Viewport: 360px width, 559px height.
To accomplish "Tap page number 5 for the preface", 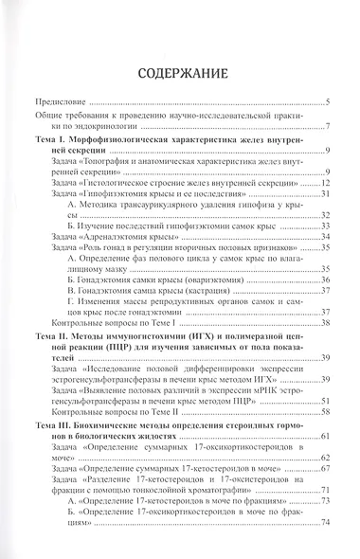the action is tap(325, 101).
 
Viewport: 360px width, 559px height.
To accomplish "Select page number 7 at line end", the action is tap(325, 127).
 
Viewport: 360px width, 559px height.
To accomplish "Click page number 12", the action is tap(323, 182).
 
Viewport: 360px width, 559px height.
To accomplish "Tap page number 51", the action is tap(323, 397).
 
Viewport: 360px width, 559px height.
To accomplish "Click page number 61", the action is tap(323, 434).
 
